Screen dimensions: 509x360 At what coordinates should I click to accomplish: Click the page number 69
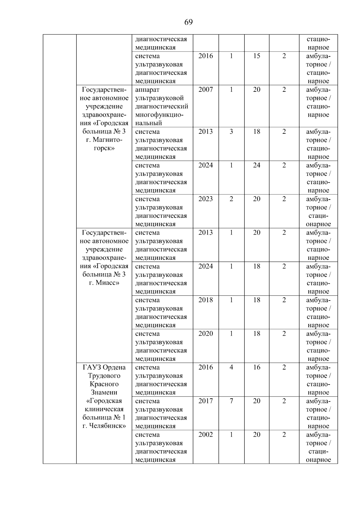click(x=188, y=22)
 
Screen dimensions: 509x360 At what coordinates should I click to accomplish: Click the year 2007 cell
click(x=205, y=90)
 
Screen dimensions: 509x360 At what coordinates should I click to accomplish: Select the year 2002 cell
click(x=205, y=435)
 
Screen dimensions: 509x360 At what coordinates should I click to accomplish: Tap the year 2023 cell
click(x=205, y=199)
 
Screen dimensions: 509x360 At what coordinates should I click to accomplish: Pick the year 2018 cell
click(x=205, y=300)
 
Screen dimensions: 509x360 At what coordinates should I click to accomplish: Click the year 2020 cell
click(x=205, y=334)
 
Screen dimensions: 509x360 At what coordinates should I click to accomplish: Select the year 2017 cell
click(x=205, y=401)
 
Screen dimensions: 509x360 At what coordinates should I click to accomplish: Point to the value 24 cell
click(x=256, y=165)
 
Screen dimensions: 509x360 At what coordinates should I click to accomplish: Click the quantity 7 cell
click(x=231, y=401)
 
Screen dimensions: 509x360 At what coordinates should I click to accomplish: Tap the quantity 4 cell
click(x=231, y=367)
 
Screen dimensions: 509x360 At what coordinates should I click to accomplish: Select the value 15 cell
click(x=256, y=56)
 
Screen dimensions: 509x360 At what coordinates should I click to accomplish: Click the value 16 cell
click(x=256, y=367)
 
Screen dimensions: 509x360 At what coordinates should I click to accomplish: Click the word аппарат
click(x=147, y=90)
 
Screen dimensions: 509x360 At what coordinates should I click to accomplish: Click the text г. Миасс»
click(x=104, y=283)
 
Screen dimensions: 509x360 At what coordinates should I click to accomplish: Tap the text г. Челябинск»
click(x=104, y=426)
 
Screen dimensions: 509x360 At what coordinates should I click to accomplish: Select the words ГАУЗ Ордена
click(x=104, y=367)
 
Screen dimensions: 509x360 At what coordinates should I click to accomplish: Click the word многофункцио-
click(x=159, y=115)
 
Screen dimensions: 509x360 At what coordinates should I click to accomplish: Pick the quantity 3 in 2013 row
click(x=231, y=132)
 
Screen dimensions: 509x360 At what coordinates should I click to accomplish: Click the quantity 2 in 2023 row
click(x=231, y=199)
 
